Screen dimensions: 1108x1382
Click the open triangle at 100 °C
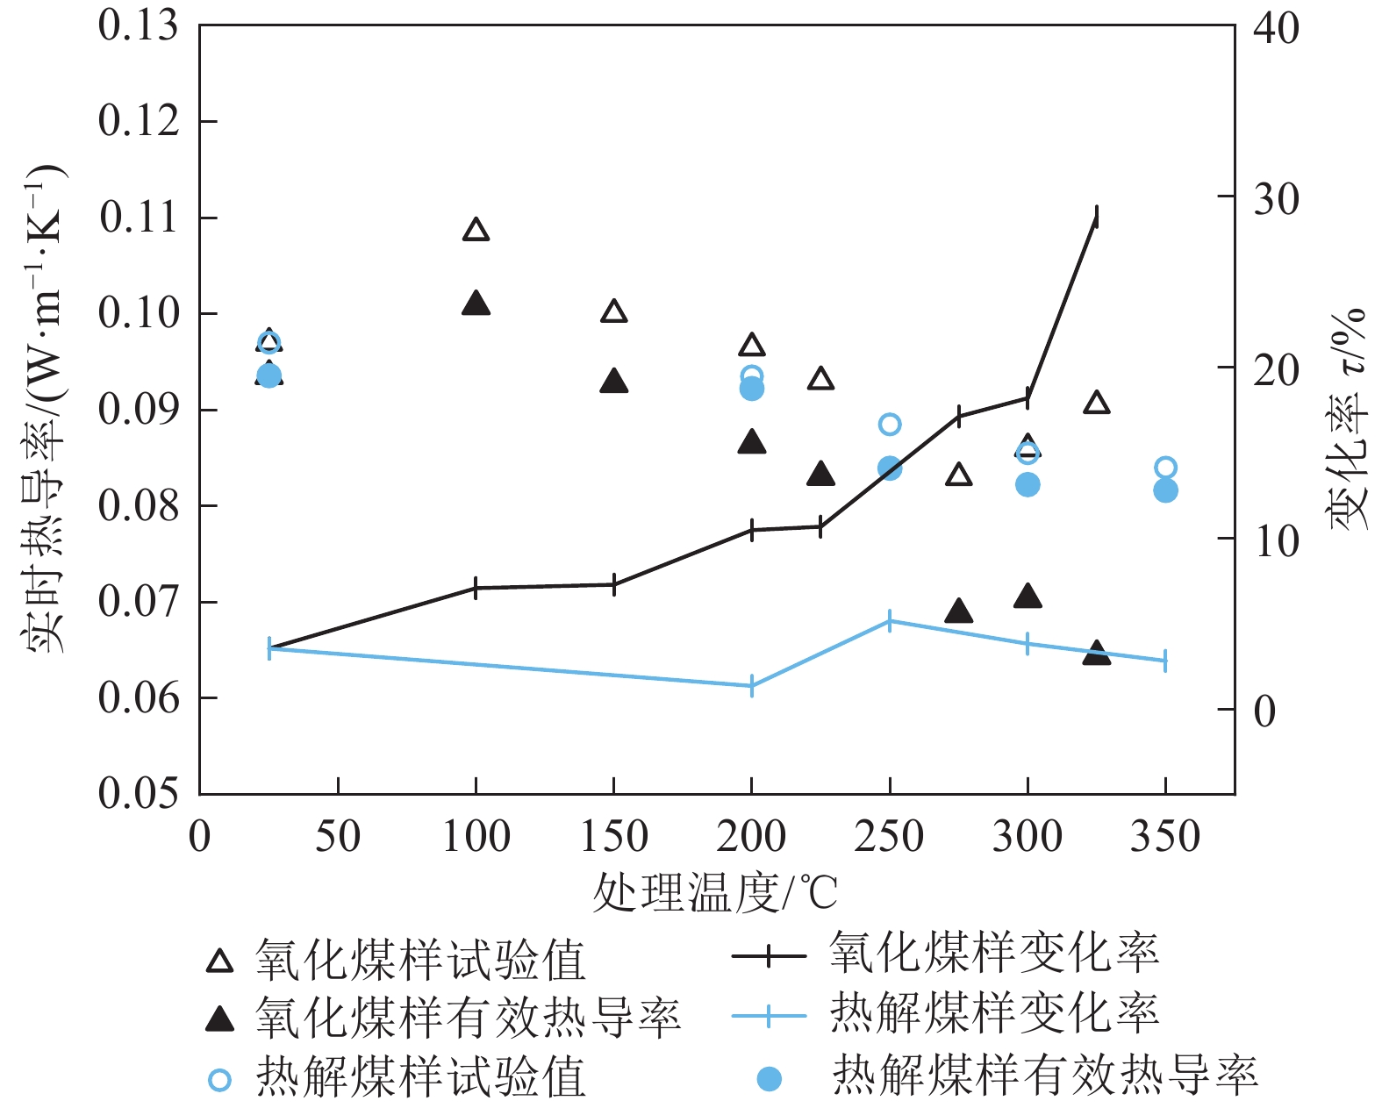click(476, 231)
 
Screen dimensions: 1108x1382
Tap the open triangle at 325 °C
click(1097, 404)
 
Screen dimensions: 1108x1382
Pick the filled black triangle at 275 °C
click(959, 611)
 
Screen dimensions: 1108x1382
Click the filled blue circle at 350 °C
click(1165, 490)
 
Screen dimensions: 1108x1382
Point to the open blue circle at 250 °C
click(890, 425)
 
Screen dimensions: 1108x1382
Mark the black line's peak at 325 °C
click(1097, 216)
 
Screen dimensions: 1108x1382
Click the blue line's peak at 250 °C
click(890, 621)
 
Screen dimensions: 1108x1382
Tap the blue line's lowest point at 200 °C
click(752, 686)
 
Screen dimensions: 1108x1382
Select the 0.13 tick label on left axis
click(138, 26)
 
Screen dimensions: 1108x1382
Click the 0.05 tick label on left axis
click(138, 794)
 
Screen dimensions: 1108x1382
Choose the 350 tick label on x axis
click(1165, 837)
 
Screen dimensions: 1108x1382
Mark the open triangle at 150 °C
click(614, 311)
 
